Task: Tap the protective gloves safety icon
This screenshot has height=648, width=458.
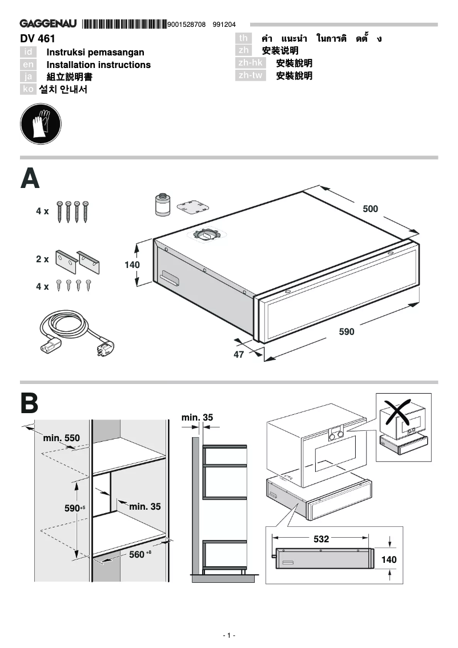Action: [x=40, y=124]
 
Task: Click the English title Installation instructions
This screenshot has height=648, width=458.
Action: [x=98, y=65]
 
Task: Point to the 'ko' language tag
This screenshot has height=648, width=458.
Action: [x=27, y=89]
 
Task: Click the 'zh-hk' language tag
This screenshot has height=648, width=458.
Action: [x=251, y=63]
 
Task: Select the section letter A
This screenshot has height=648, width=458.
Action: [x=31, y=179]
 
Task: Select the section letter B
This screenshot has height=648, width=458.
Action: [x=30, y=403]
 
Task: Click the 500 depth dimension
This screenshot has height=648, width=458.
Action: [x=370, y=209]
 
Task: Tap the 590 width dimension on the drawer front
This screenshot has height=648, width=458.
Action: [x=346, y=331]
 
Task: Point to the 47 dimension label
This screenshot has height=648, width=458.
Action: [x=239, y=354]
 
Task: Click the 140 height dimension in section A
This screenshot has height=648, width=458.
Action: [x=132, y=265]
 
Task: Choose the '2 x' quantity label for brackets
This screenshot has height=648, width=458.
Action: [x=42, y=259]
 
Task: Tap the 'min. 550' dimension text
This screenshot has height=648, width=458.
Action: [x=61, y=438]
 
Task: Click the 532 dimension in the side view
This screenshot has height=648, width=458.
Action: [x=321, y=538]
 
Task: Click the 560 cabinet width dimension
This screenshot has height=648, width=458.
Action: [x=138, y=554]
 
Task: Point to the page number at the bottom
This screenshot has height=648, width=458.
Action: [x=228, y=635]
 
